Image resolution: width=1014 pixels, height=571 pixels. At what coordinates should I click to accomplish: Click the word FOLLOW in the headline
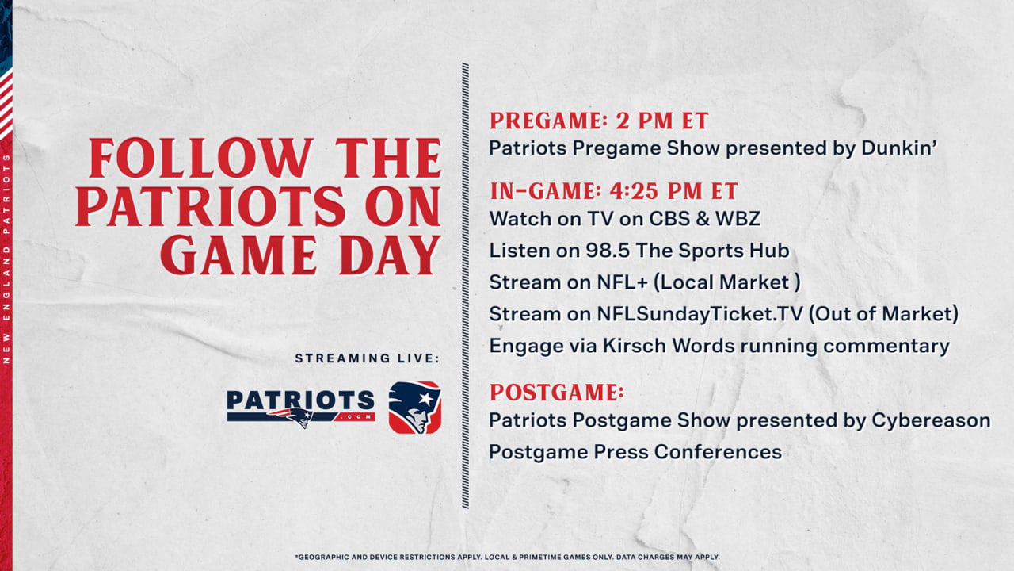click(200, 158)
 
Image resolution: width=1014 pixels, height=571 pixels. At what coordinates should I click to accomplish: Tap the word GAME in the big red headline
click(238, 255)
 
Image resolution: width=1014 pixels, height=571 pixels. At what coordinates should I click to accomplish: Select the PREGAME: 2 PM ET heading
click(599, 121)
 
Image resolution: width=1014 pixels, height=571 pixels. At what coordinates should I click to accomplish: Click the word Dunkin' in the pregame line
click(899, 148)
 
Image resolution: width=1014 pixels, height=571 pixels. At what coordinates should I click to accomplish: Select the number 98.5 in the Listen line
click(608, 251)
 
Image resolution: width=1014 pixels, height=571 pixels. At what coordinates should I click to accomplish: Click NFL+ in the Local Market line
click(623, 282)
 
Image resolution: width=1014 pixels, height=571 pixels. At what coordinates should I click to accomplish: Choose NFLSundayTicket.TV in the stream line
click(700, 315)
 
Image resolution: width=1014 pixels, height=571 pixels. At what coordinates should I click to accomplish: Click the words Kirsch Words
click(668, 346)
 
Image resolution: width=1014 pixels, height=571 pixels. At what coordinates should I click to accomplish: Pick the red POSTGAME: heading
click(557, 393)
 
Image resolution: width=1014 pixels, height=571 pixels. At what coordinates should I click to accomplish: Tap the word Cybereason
click(931, 420)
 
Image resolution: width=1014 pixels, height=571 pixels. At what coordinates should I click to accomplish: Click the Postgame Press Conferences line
click(635, 452)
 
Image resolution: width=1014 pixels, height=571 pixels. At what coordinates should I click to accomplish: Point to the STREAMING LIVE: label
click(367, 358)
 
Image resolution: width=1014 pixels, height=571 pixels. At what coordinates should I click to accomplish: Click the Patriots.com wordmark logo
click(300, 408)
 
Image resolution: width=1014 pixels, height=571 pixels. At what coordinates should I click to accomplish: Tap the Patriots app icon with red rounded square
click(414, 408)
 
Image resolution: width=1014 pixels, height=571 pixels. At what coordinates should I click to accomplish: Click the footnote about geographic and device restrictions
click(507, 557)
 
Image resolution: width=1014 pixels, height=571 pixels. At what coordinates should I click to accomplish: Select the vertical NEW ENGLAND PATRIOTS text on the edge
click(6, 259)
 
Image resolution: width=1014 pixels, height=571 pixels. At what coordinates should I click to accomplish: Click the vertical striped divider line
click(465, 285)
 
